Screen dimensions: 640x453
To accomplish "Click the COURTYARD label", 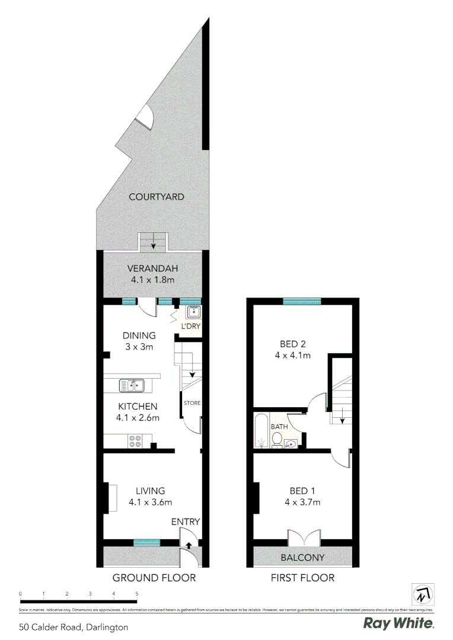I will click(157, 197).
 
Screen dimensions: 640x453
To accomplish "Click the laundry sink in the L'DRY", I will click(193, 313).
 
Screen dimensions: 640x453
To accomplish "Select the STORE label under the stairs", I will click(192, 403).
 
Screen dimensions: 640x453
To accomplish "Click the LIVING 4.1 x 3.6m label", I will click(150, 497).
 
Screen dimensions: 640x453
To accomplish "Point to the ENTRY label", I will click(185, 521).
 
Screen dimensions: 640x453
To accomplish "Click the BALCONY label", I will click(302, 557).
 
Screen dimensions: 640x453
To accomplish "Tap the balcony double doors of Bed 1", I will click(303, 536).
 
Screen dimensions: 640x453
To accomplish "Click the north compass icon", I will click(423, 594).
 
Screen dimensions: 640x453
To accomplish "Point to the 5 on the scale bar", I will click(137, 593).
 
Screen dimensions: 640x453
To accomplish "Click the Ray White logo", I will click(398, 623).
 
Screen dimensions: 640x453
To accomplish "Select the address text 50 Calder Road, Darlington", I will click(74, 626).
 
